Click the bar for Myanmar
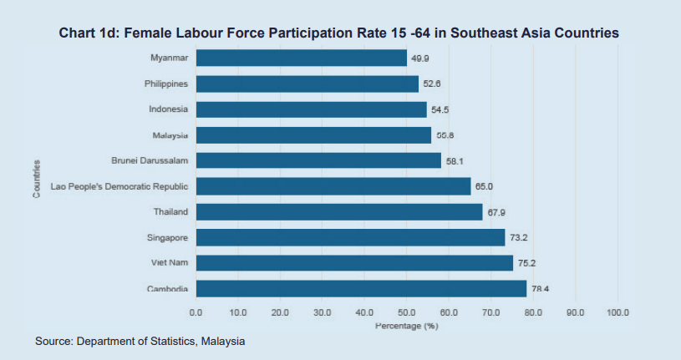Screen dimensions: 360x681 click(x=301, y=58)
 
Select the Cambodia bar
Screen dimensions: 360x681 click(x=361, y=289)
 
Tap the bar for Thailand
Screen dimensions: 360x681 click(x=339, y=212)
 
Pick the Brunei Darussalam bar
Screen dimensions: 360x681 click(x=318, y=160)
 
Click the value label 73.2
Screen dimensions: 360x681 click(x=519, y=238)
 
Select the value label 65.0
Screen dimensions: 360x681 click(x=485, y=186)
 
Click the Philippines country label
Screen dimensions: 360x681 click(x=165, y=84)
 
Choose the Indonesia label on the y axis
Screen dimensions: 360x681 click(x=168, y=109)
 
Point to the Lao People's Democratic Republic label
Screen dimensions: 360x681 click(x=119, y=186)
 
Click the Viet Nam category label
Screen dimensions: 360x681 click(x=170, y=263)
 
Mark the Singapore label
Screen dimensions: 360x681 click(x=167, y=238)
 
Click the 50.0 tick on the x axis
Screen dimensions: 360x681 click(x=406, y=312)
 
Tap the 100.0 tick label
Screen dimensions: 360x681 click(x=617, y=312)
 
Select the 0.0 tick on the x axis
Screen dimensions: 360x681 click(x=196, y=312)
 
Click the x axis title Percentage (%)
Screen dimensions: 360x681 click(x=406, y=324)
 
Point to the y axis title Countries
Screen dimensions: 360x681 click(x=37, y=179)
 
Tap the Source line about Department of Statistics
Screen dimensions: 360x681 click(x=140, y=341)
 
